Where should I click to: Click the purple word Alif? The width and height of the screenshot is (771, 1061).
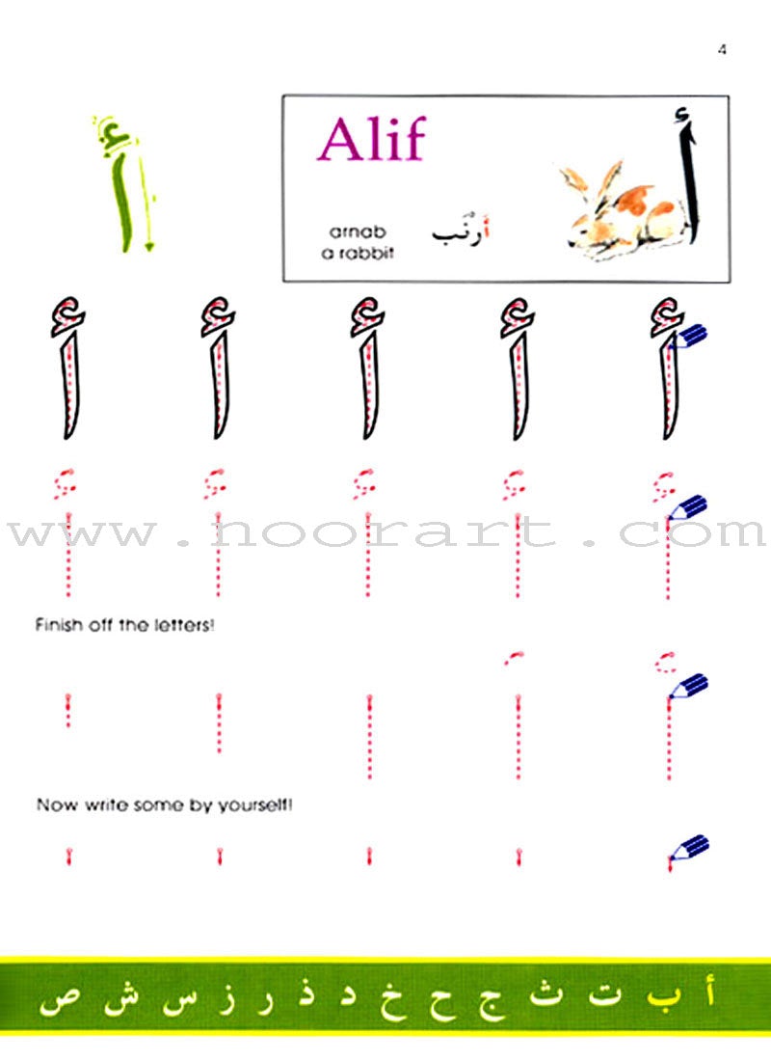(x=371, y=141)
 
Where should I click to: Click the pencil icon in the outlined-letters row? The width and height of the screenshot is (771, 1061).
(x=691, y=337)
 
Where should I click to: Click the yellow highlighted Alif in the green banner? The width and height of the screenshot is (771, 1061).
(x=710, y=993)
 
